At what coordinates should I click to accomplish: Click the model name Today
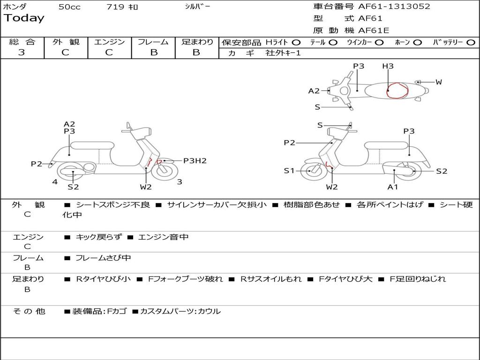click(24, 18)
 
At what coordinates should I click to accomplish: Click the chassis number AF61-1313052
click(394, 7)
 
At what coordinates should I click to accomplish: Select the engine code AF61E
click(374, 30)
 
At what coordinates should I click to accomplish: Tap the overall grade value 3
click(22, 52)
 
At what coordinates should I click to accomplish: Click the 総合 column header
click(22, 42)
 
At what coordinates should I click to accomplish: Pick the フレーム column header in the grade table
click(153, 42)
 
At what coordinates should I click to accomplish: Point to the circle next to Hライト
click(296, 43)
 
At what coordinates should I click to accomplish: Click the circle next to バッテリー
click(471, 43)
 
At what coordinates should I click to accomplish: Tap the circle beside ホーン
click(417, 43)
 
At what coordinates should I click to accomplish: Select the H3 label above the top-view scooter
click(388, 66)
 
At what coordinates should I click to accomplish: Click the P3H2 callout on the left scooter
click(195, 161)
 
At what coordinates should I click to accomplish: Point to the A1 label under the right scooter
click(393, 187)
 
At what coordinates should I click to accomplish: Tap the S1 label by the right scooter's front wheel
click(289, 171)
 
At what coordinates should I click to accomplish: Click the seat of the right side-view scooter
click(387, 146)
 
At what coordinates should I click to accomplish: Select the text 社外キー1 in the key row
click(283, 53)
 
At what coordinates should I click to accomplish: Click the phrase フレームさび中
click(103, 258)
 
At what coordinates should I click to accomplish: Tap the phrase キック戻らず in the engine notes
click(98, 237)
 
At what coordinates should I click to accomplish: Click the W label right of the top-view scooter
click(439, 82)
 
